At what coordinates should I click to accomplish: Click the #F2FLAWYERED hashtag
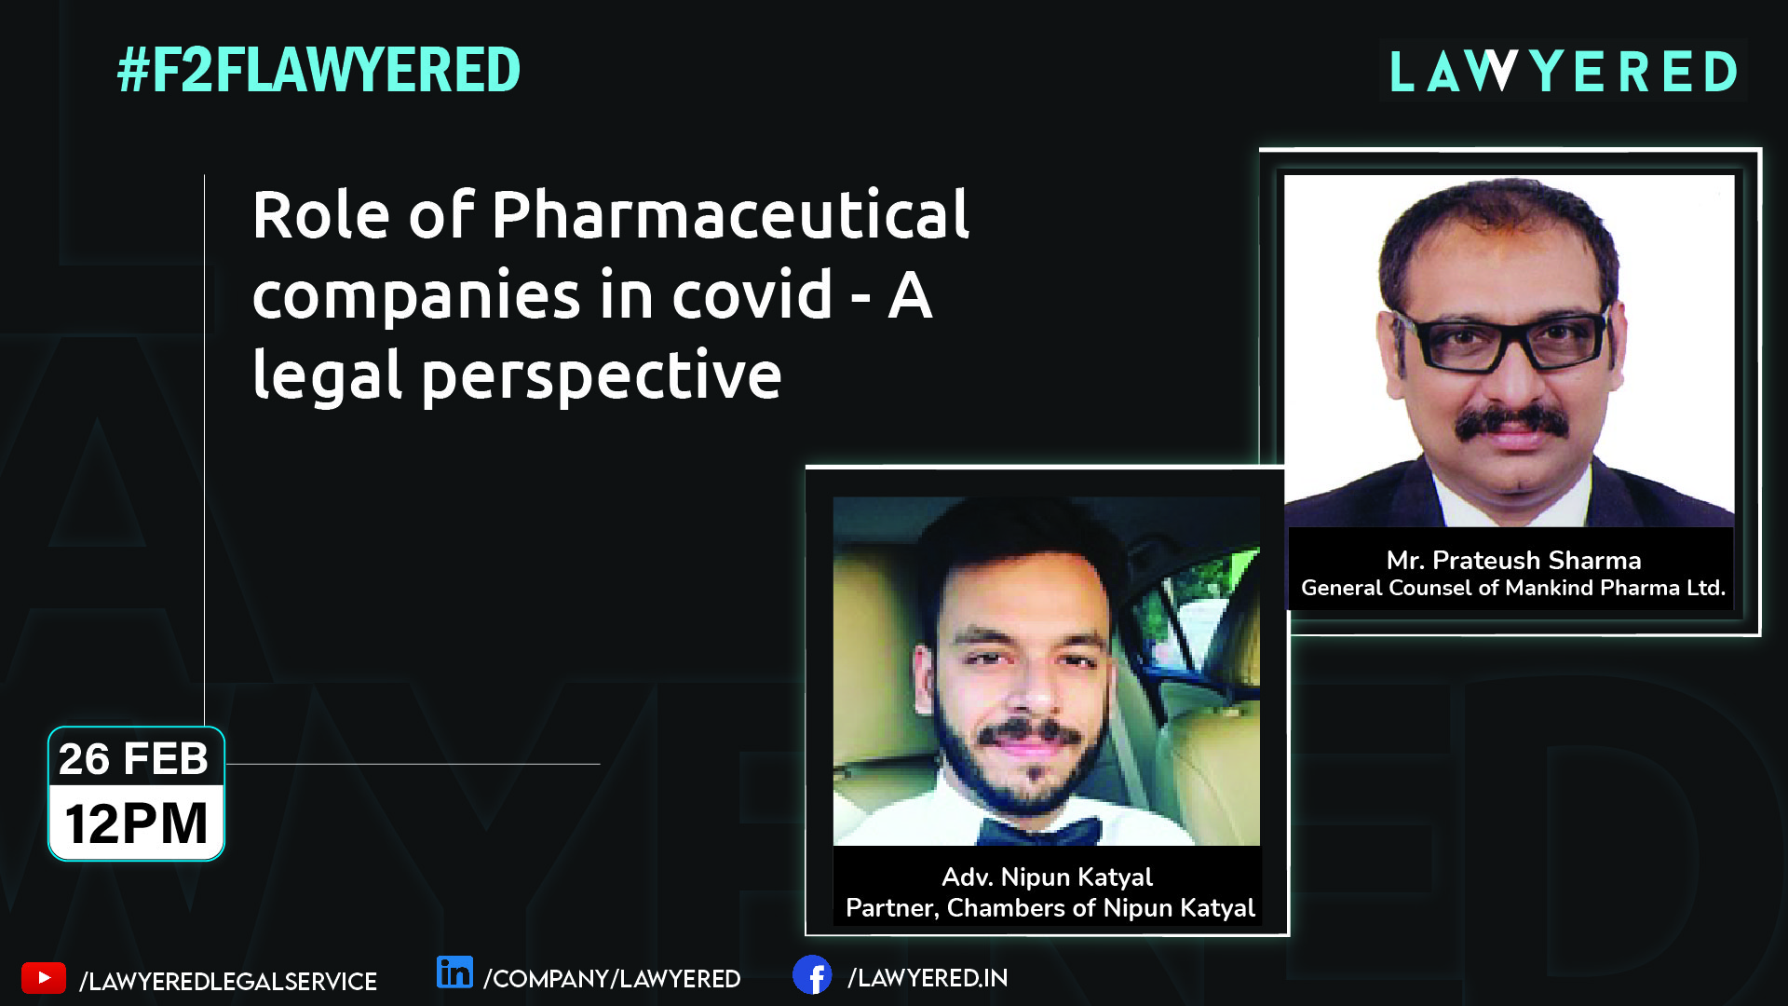click(x=318, y=71)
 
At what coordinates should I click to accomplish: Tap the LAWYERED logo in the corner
click(x=1564, y=72)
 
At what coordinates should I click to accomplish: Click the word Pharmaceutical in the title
click(x=731, y=215)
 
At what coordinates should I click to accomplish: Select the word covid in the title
click(x=752, y=295)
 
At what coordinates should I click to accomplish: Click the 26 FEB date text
click(x=134, y=759)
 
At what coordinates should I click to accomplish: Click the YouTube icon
click(x=44, y=979)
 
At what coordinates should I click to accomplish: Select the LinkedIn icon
click(x=454, y=972)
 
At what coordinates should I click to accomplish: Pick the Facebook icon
click(x=812, y=975)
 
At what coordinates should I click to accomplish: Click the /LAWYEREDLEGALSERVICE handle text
click(x=228, y=982)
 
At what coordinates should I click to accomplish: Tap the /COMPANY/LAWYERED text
click(x=612, y=979)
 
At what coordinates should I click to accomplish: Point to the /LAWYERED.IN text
click(x=928, y=978)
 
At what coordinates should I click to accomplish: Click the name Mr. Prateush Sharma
click(x=1513, y=560)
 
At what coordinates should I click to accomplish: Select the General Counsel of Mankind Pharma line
click(x=1513, y=588)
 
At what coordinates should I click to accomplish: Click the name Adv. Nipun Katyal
click(x=1047, y=877)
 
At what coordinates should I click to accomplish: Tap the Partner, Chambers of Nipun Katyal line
click(x=1050, y=908)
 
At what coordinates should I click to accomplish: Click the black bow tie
click(x=1040, y=831)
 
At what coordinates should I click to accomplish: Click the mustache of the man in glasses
click(x=1511, y=423)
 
